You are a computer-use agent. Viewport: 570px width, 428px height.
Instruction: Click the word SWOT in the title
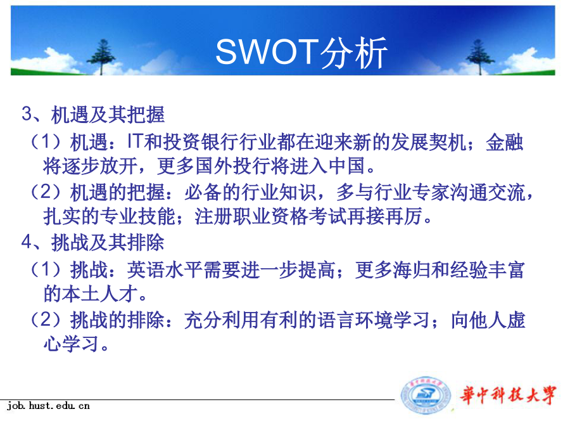tap(267, 52)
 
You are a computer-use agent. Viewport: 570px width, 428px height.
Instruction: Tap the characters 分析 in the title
tap(353, 53)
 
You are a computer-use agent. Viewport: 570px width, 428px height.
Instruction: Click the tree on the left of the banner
tap(102, 57)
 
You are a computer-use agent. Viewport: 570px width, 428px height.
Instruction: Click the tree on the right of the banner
tap(480, 57)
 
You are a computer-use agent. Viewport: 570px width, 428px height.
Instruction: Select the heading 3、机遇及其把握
tap(93, 114)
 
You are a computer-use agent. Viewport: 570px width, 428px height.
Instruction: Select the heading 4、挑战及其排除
tap(93, 242)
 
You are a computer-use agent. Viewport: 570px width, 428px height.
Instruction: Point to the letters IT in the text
tap(134, 141)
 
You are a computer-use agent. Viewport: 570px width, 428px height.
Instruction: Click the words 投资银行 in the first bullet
tap(200, 142)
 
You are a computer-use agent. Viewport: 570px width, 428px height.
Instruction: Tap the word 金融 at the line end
tap(505, 142)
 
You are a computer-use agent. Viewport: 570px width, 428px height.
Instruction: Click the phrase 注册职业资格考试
tap(271, 217)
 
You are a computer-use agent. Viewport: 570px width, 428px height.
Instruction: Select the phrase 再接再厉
tap(384, 217)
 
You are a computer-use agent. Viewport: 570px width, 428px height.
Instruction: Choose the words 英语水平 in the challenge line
tap(165, 270)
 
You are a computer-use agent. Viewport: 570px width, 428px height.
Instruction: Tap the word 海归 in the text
tap(412, 270)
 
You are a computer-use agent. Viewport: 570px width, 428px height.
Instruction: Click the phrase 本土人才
tap(99, 294)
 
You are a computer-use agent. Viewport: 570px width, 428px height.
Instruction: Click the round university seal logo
tap(426, 395)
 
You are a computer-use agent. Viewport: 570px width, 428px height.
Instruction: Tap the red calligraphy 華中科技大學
tap(508, 395)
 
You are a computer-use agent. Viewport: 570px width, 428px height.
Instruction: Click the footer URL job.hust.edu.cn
tap(48, 406)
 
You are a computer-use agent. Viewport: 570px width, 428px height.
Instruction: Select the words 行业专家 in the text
tap(412, 193)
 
